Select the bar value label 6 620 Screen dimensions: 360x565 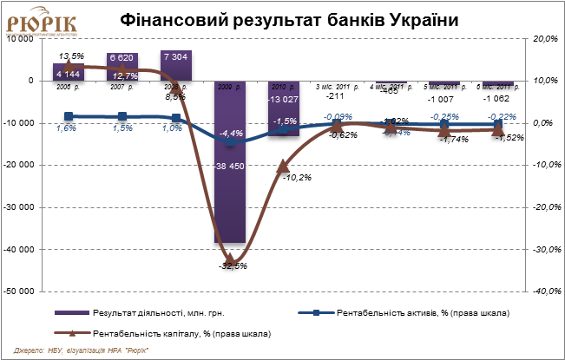[x=122, y=57]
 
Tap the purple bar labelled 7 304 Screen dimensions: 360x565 [x=176, y=66]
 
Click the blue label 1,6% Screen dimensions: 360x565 [x=66, y=128]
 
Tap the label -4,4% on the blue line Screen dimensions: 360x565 [x=231, y=133]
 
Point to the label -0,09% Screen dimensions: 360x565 [x=338, y=116]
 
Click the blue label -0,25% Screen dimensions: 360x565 [x=446, y=116]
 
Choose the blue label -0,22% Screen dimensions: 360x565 [x=502, y=116]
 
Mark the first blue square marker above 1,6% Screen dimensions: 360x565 [x=69, y=116]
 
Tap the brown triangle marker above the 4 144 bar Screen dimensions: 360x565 [x=69, y=65]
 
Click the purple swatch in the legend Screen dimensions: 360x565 [x=72, y=312]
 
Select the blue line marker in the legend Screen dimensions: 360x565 [x=316, y=312]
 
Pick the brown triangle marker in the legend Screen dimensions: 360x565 [x=73, y=332]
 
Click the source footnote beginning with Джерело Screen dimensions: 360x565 [x=87, y=350]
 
